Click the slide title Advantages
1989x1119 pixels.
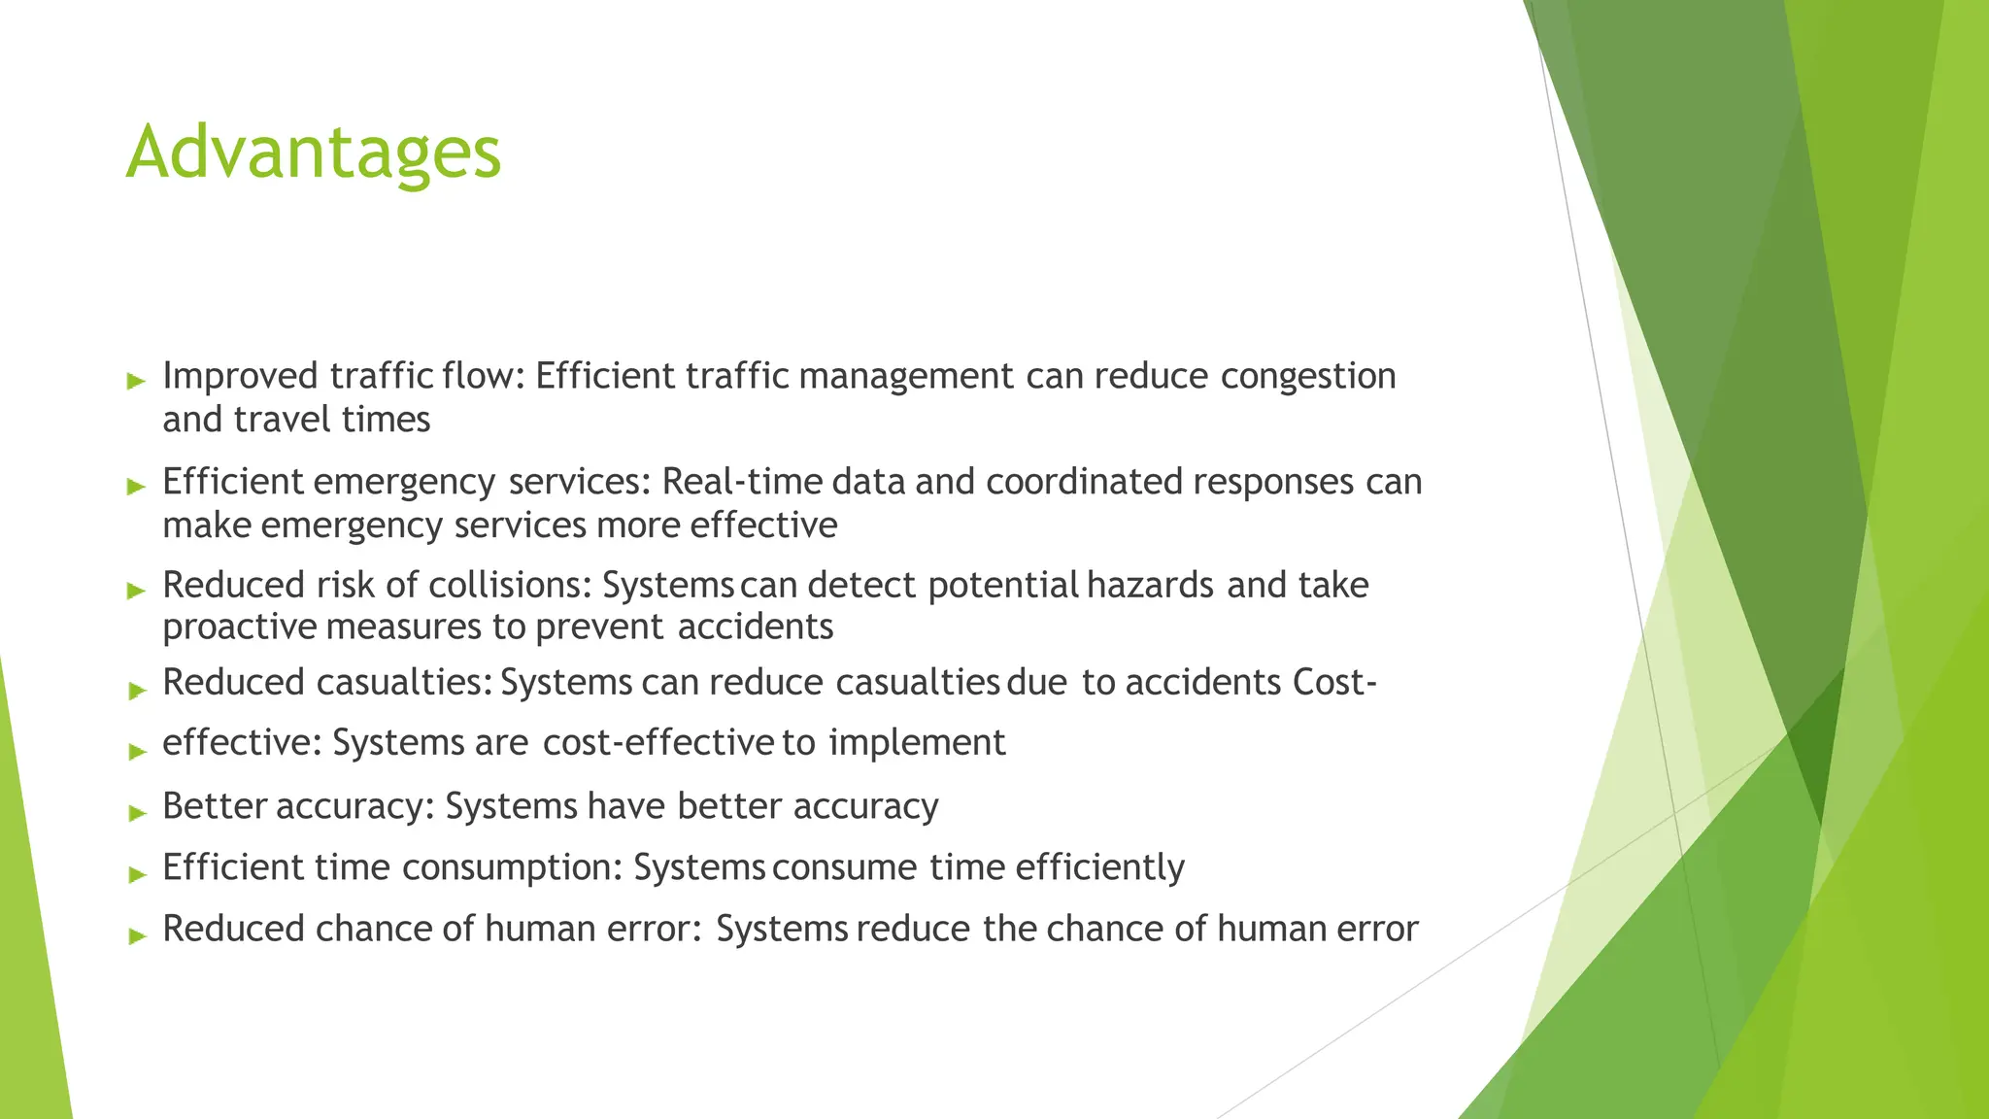pos(314,153)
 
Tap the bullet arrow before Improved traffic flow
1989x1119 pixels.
pos(136,381)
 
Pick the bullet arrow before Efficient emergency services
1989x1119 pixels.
pos(136,487)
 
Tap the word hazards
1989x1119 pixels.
pos(1150,585)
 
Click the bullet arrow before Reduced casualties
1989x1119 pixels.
pos(136,691)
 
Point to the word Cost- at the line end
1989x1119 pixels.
pos(1335,683)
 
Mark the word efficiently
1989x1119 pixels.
pos(1099,867)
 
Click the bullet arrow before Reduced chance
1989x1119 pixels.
pos(136,935)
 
